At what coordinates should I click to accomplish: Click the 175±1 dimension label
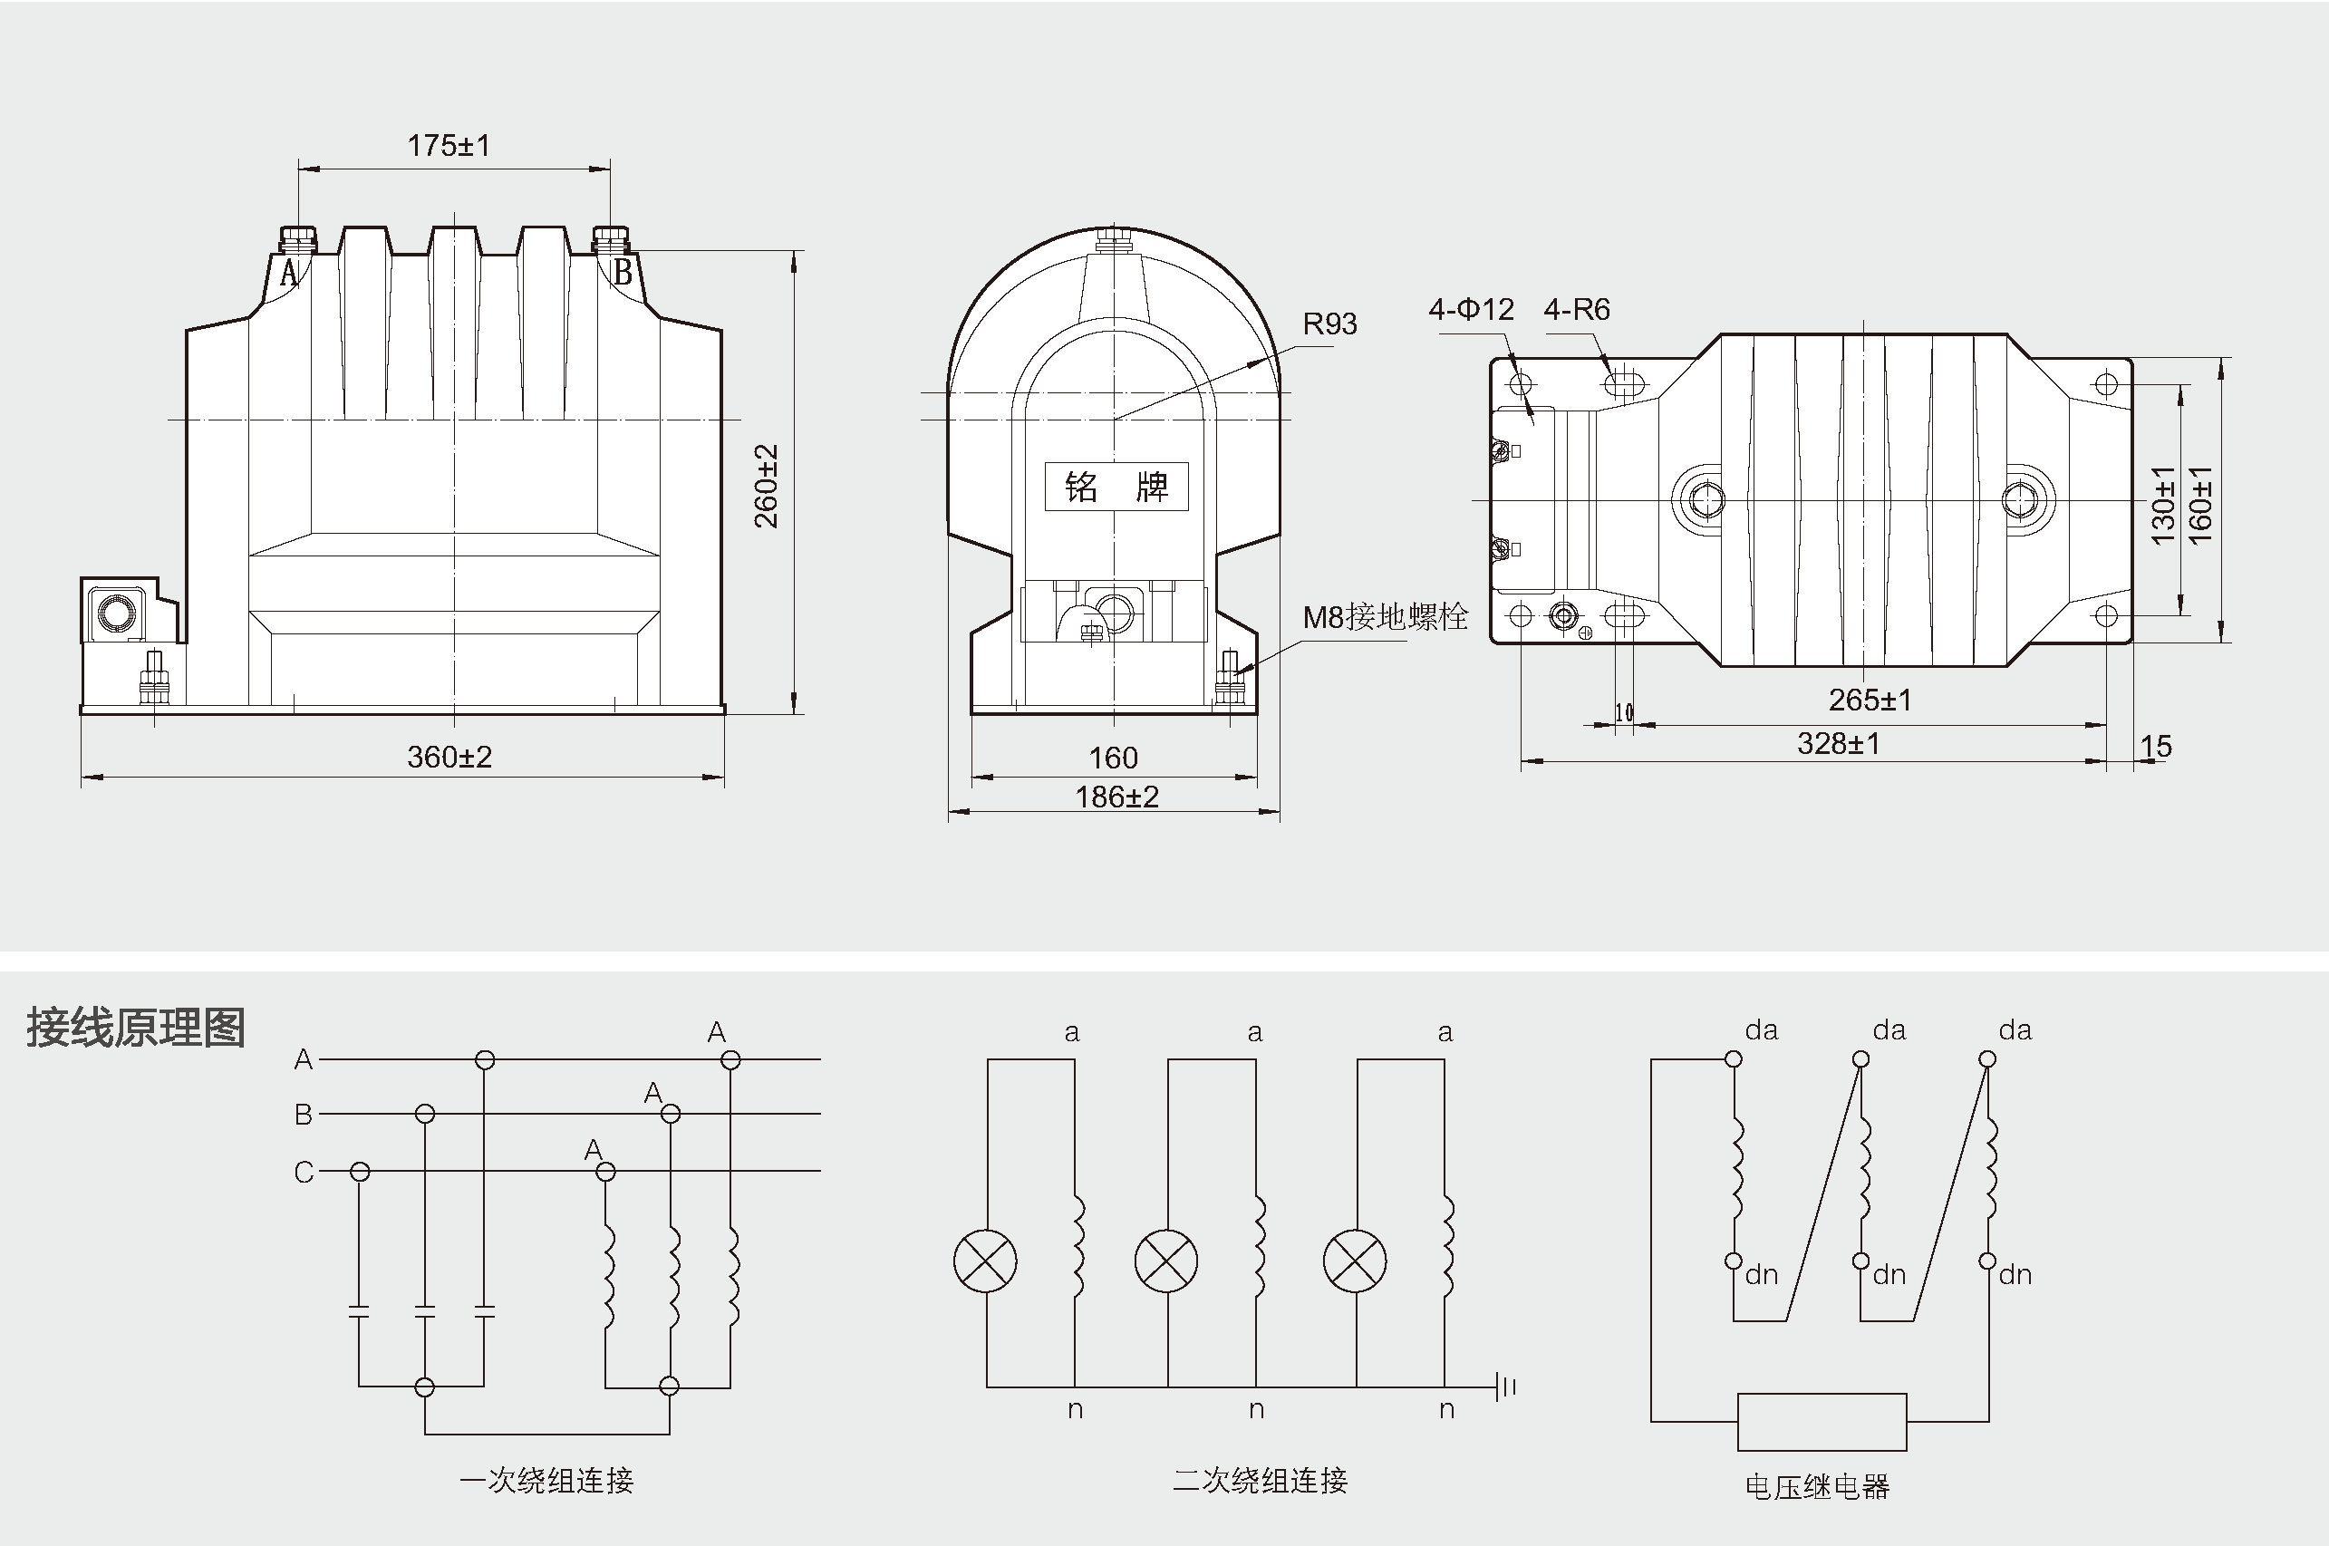pos(449,146)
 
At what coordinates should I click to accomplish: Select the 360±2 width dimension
pos(449,758)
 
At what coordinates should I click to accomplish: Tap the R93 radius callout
pos(1329,324)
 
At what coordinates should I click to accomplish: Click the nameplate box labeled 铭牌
pos(1116,487)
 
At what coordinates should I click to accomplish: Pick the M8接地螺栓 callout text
pos(1385,617)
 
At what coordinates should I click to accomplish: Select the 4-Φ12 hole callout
pos(1470,310)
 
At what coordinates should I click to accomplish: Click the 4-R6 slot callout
pos(1576,310)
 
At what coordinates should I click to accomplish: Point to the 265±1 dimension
pos(1870,700)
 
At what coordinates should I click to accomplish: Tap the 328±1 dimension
pos(1838,743)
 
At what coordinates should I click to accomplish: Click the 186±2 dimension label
pos(1116,797)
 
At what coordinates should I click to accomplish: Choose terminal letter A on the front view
pos(288,273)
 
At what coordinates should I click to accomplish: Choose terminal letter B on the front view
pos(623,272)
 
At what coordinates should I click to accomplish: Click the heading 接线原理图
pos(135,1028)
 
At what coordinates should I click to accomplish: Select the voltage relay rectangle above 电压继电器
pos(1822,1422)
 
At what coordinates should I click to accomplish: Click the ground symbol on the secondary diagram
pos(1505,1387)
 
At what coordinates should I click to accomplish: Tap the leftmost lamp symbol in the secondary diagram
pos(985,1261)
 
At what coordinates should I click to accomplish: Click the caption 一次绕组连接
pos(546,1480)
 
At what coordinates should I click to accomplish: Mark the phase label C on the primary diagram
pos(304,1173)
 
